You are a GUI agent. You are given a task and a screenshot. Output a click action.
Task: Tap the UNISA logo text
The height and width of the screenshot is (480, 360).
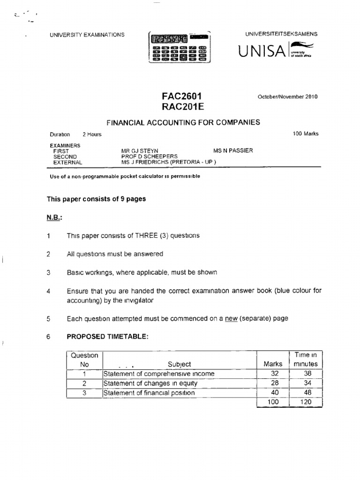[x=262, y=51]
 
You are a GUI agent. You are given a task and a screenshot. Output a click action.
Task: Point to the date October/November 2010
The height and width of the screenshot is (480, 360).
[x=287, y=97]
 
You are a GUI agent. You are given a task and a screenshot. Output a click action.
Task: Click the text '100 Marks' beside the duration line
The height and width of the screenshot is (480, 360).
[x=306, y=134]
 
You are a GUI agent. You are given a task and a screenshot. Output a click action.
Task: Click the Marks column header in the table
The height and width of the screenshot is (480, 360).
[x=273, y=364]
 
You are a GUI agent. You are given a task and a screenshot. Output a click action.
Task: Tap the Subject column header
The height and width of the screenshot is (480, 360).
[x=179, y=364]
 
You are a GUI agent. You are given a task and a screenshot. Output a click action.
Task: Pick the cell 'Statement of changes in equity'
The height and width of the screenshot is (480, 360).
[x=150, y=383]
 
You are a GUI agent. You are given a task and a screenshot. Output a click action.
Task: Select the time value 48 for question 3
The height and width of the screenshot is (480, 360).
[x=306, y=392]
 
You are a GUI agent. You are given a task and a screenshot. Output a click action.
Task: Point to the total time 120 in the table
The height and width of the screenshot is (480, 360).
[x=306, y=402]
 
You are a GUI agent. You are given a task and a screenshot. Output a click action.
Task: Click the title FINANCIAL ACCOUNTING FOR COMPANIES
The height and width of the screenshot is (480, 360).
[x=183, y=122]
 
